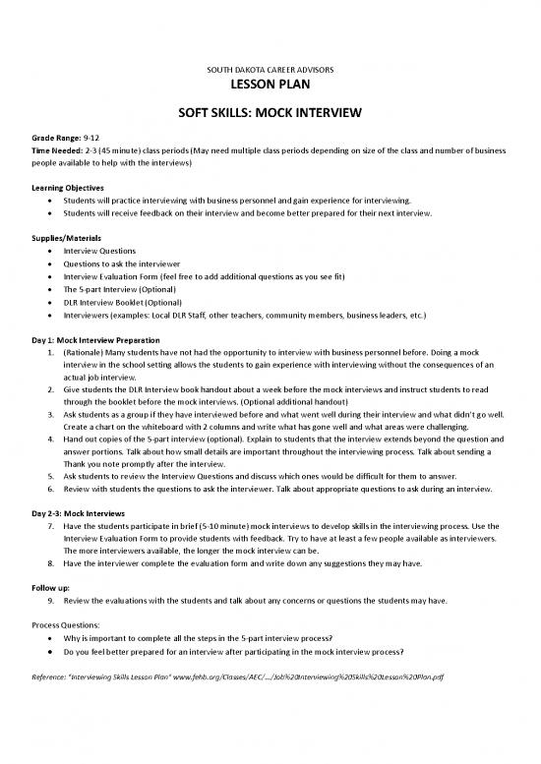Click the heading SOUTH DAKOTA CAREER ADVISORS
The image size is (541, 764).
point(270,71)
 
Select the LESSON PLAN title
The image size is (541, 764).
point(270,88)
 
